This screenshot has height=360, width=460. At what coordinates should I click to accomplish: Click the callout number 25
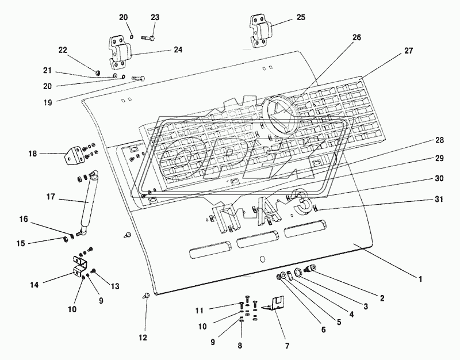point(301,18)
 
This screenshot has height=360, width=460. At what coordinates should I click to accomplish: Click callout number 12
point(142,337)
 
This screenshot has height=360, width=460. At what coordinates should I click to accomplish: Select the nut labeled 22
point(99,72)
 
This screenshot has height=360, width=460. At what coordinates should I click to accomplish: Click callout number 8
point(240,346)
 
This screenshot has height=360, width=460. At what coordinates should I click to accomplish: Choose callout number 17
point(51,197)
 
